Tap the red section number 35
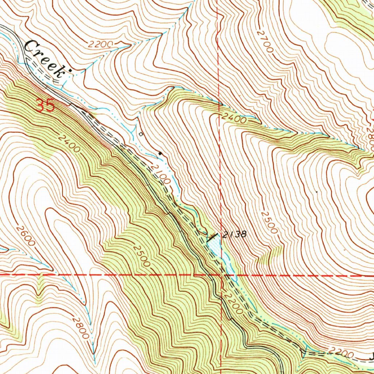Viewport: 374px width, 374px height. [x=46, y=106]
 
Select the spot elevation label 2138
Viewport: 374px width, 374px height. [x=236, y=234]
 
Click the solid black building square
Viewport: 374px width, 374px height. [x=160, y=153]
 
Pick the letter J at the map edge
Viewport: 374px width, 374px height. [x=371, y=355]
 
